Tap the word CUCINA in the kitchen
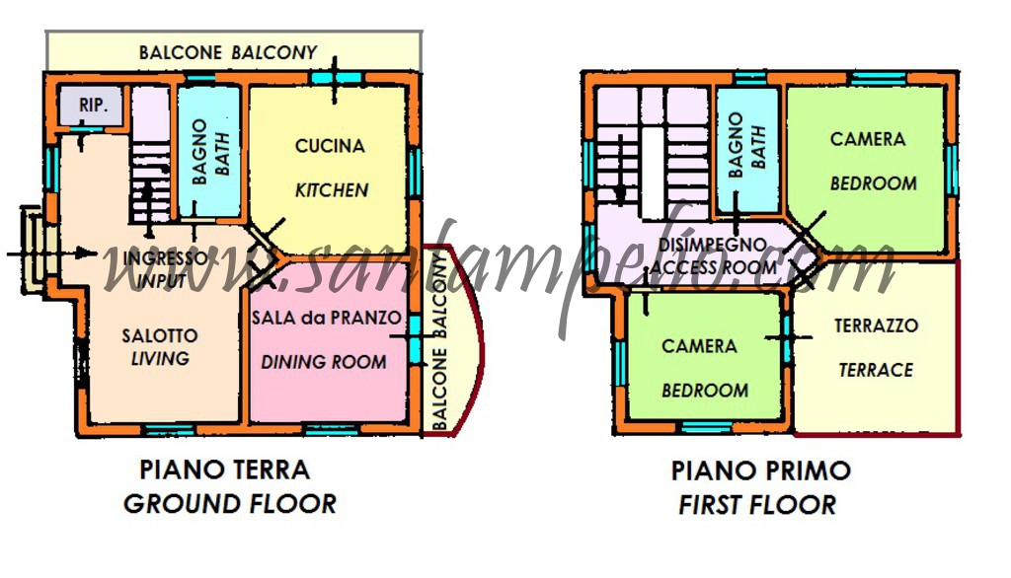pos(330,146)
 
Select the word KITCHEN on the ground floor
pos(332,189)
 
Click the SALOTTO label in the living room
pos(161,335)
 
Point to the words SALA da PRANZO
pos(327,318)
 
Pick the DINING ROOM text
pos(324,362)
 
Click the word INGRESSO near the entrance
pos(167,258)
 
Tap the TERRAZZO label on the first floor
pos(876,325)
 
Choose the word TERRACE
pos(876,370)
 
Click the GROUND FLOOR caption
pos(229,504)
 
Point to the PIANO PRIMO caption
pos(760,470)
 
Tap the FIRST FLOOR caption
pos(757,506)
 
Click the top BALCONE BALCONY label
pos(228,52)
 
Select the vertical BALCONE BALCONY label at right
pos(442,341)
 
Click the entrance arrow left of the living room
pos(49,253)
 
